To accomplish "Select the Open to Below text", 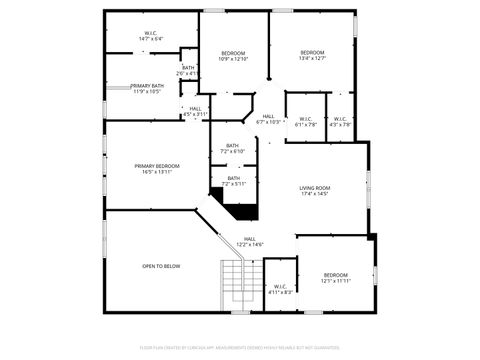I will [160, 266].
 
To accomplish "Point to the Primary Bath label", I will [147, 88].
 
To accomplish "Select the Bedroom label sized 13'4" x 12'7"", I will [312, 55].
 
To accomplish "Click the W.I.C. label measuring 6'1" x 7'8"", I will [305, 122].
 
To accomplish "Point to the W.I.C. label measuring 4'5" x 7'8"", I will [340, 122].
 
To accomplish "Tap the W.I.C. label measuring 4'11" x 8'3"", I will [280, 290].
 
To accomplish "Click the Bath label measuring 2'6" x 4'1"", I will [188, 70].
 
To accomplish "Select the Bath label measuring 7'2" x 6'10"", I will [233, 149].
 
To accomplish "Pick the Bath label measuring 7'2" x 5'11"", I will [233, 181].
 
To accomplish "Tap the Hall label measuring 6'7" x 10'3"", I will [268, 119].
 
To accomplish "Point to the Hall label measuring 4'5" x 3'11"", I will [195, 111].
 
